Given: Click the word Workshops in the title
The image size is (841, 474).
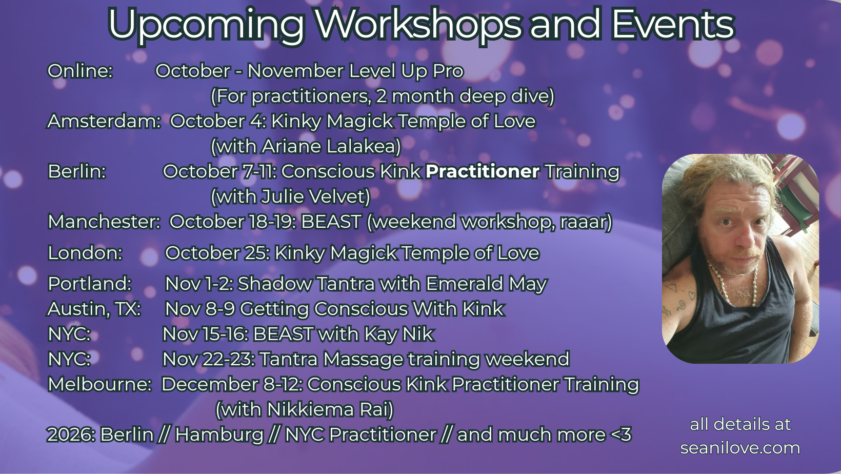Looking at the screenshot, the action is click(418, 24).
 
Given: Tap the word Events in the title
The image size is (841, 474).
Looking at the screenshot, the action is click(673, 24).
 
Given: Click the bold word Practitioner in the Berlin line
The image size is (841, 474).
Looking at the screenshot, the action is click(483, 171).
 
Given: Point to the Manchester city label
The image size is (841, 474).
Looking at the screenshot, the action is click(104, 222).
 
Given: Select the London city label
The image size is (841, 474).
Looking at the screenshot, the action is click(85, 253).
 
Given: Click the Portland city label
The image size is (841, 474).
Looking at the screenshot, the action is click(90, 284).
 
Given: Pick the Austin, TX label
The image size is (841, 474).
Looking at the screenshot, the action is click(94, 309).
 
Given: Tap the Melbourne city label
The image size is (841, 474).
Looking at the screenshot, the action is click(99, 384).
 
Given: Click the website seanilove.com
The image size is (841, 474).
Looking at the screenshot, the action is click(740, 448).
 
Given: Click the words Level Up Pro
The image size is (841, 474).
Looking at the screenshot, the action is click(406, 71).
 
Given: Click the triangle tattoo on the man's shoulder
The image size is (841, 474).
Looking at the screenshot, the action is click(671, 288).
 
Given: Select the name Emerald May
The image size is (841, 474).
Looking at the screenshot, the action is click(487, 284).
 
